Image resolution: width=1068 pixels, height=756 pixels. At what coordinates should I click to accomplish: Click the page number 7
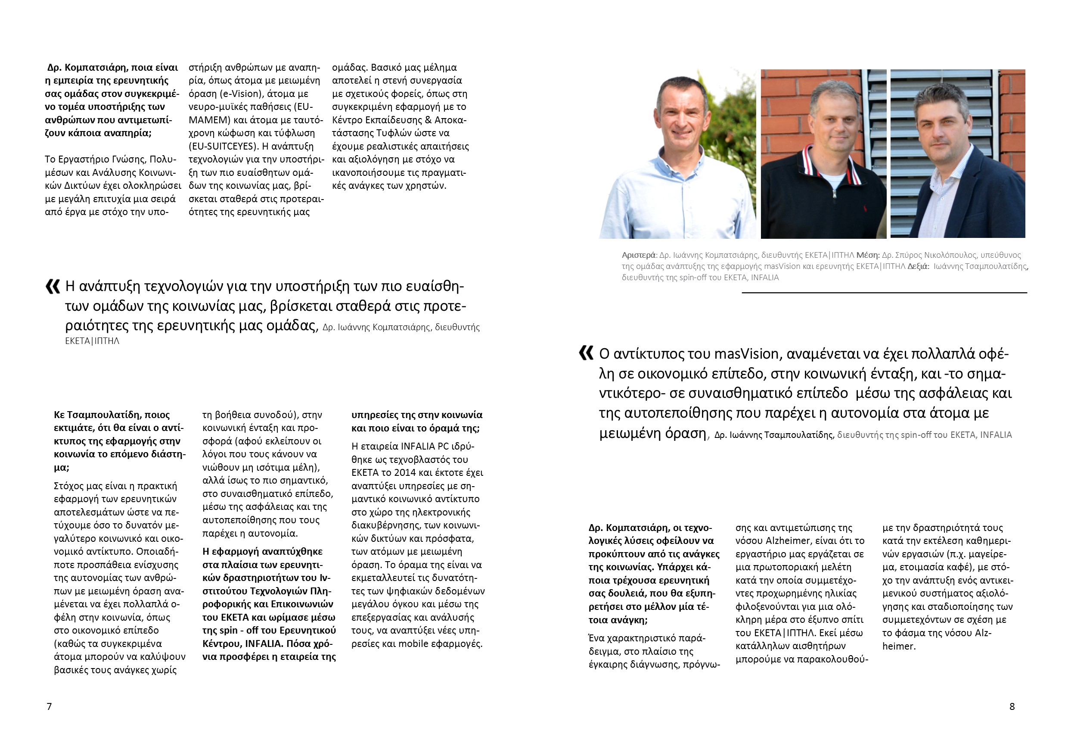(49, 706)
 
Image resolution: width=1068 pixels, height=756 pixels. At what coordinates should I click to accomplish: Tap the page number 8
(1012, 706)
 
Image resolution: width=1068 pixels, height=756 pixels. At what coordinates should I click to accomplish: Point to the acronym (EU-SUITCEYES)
(223, 146)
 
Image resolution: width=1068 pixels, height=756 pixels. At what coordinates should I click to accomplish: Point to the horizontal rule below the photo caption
(884, 293)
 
